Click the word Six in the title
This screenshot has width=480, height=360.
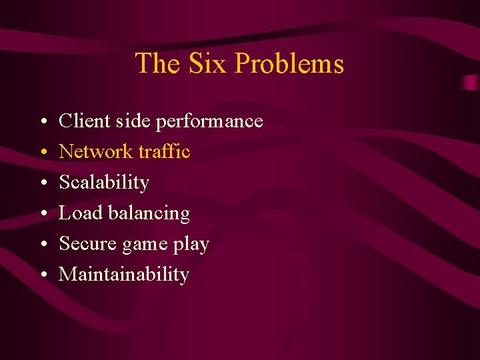208,64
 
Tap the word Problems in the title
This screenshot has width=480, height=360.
289,64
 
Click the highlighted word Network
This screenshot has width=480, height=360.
96,152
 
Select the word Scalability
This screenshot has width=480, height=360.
104,183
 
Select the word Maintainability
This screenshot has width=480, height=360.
124,275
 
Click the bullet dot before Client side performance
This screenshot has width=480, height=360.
42,123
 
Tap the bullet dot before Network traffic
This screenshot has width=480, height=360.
42,153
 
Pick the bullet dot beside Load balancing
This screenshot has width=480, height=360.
42,215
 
